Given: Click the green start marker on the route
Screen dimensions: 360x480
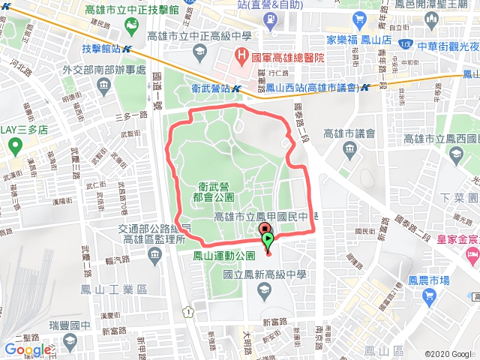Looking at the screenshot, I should pos(268,240).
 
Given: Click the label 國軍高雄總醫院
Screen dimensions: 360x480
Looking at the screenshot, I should pos(288,56).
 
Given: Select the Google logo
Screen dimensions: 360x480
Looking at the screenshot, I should pos(27,349).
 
